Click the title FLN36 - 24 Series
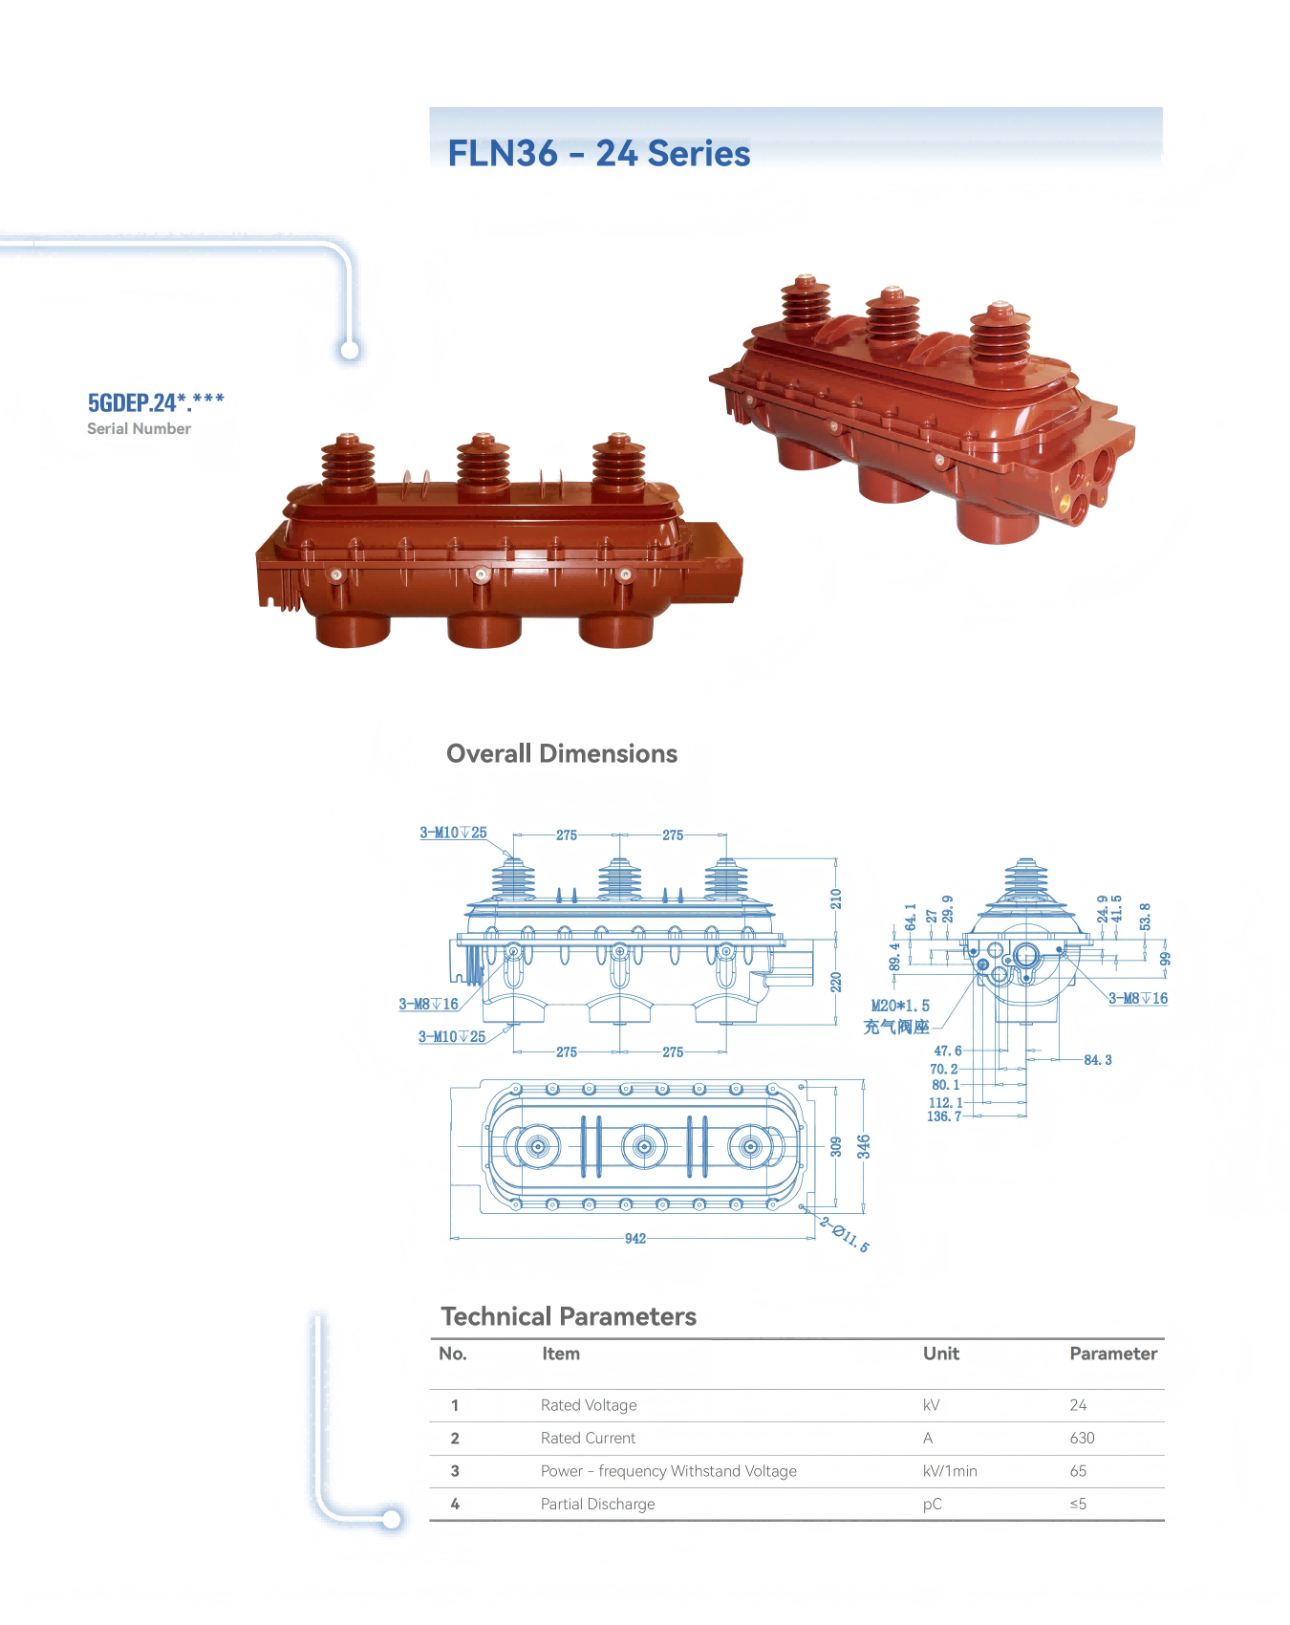[599, 153]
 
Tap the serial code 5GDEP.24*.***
[156, 402]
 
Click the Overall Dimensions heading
[562, 753]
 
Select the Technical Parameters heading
[569, 1316]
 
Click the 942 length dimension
[635, 1238]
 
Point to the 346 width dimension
[864, 1147]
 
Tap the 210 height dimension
[836, 899]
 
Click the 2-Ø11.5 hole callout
[845, 1234]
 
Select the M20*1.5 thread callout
[900, 1006]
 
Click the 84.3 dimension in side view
[1098, 1060]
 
